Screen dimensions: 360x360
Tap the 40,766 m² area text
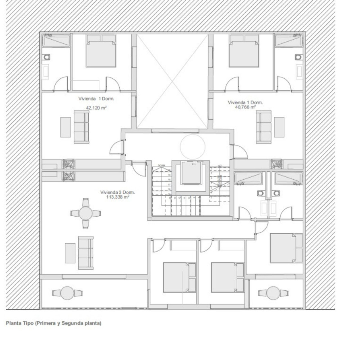(245, 107)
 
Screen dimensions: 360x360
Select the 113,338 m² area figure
(118, 197)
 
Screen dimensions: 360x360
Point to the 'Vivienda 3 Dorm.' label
(118, 193)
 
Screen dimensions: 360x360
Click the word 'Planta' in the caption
(12, 323)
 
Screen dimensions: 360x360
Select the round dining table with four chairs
(85, 213)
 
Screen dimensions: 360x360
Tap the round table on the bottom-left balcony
(67, 293)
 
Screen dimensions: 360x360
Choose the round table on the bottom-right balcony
(273, 293)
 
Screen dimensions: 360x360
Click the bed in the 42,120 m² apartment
(101, 51)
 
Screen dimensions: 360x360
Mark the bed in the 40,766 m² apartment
(243, 51)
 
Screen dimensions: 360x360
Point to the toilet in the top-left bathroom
(47, 57)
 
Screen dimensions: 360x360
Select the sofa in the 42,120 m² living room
(81, 127)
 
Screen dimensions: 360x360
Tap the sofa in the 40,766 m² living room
(264, 127)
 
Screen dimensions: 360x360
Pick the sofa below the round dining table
(85, 253)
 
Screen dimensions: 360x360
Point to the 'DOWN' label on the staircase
(162, 165)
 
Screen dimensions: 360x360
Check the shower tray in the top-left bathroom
(56, 41)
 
